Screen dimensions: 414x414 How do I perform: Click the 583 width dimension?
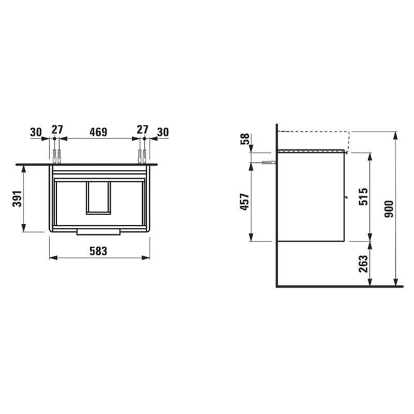click(x=98, y=251)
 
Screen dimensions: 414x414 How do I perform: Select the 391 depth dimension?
click(x=17, y=199)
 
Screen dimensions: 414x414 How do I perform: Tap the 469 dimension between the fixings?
click(x=98, y=132)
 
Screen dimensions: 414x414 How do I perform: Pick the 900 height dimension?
click(x=389, y=209)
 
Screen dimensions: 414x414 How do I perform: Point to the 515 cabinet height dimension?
click(x=363, y=197)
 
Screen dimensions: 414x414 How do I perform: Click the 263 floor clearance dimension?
click(x=363, y=263)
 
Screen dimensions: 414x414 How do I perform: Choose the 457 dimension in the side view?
click(x=244, y=202)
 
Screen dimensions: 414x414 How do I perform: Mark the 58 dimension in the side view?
click(x=245, y=139)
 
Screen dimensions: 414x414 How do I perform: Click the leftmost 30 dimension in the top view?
click(x=36, y=132)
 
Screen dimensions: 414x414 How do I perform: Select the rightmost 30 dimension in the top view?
click(x=162, y=132)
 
